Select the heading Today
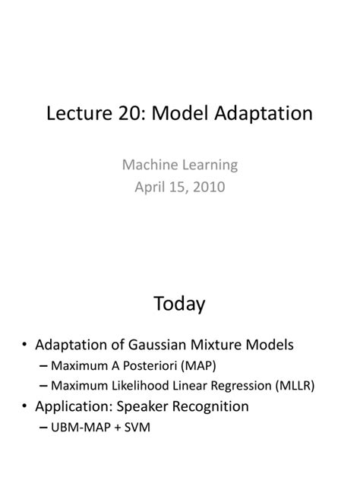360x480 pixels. pyautogui.click(x=179, y=305)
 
